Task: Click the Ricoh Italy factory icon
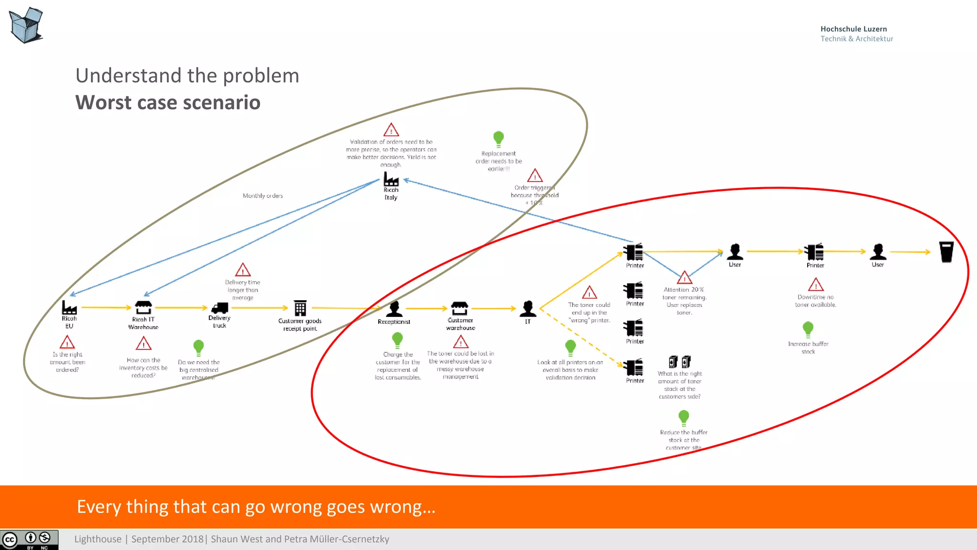pos(391,180)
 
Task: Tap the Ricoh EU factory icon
pos(69,307)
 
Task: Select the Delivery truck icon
pos(219,308)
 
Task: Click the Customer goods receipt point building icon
pos(300,308)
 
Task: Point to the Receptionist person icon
pos(394,309)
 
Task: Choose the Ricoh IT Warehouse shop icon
pos(143,307)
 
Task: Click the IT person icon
pos(528,309)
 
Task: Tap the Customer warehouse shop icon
pos(460,308)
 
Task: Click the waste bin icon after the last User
pos(946,252)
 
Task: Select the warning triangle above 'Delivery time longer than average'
pos(243,270)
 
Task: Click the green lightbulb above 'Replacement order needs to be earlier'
pos(499,138)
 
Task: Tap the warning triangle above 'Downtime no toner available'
pos(816,285)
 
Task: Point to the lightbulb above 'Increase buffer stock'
pos(808,329)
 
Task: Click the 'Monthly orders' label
pos(262,196)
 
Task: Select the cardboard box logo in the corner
pos(26,25)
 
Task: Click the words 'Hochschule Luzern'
pos(853,29)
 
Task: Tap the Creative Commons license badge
pos(29,539)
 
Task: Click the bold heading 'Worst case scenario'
pos(168,103)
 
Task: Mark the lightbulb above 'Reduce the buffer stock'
pos(684,418)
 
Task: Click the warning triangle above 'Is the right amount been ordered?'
pos(67,342)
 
